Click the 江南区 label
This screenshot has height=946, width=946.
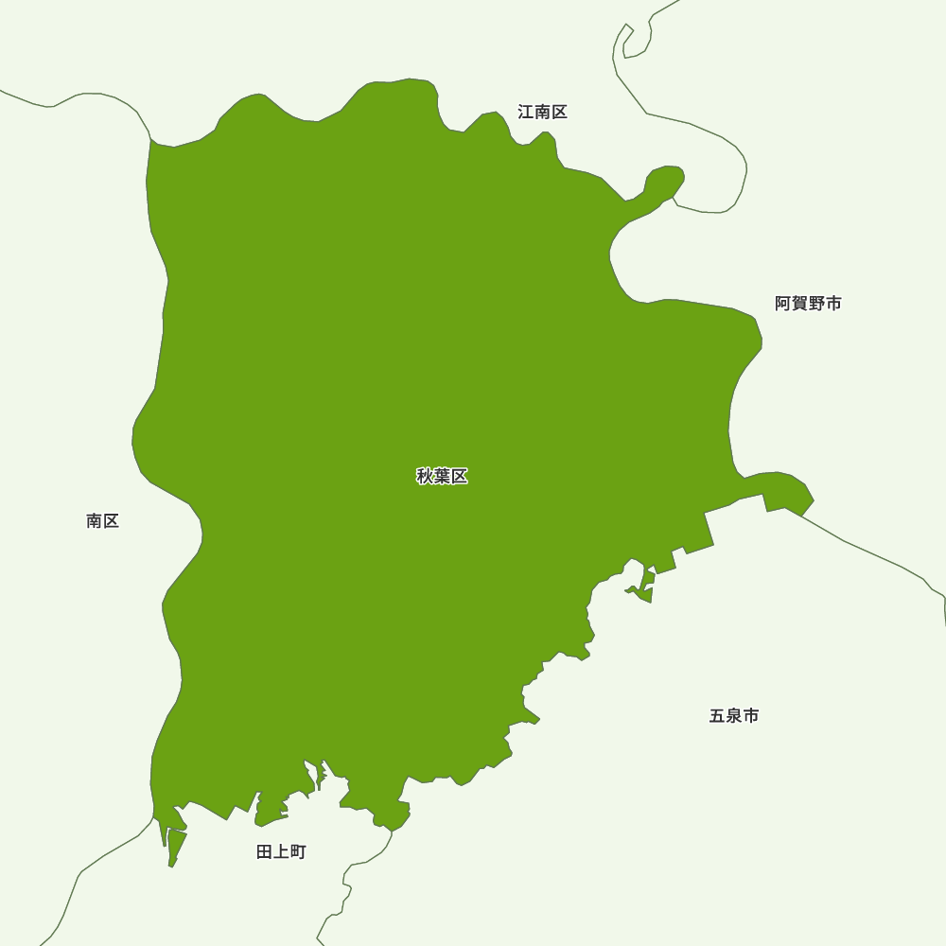tap(542, 112)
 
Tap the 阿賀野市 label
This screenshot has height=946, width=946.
tap(808, 304)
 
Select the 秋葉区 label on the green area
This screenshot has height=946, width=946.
tap(442, 476)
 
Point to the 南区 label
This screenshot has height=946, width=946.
tap(102, 521)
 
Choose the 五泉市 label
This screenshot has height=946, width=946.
tap(734, 716)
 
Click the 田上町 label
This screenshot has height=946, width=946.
tap(281, 852)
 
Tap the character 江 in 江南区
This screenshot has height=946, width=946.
tap(526, 112)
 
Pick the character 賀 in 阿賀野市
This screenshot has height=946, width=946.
tap(799, 304)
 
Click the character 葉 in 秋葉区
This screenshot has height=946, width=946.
tap(442, 476)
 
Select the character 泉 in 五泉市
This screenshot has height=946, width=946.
tap(734, 716)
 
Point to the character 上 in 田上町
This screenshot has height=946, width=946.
tap(281, 852)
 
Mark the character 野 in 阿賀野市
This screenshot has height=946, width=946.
tap(816, 304)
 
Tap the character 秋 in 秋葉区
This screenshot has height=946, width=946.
tap(425, 476)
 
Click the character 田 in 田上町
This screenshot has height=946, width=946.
tap(265, 852)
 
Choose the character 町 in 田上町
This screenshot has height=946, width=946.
tap(298, 852)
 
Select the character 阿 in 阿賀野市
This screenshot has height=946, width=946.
tap(782, 304)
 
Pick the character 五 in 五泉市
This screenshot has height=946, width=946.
tap(717, 716)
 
